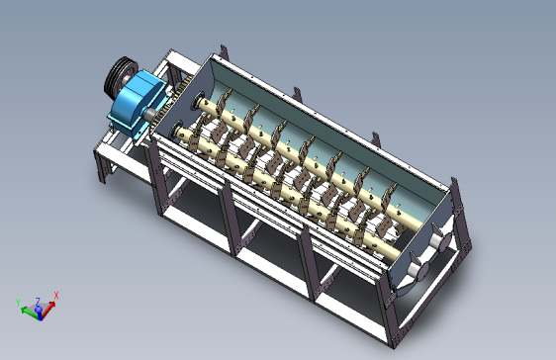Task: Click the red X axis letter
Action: [56, 295]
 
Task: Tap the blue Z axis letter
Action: [37, 301]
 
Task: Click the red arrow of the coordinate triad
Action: [49, 303]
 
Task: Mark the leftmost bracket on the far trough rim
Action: [226, 51]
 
